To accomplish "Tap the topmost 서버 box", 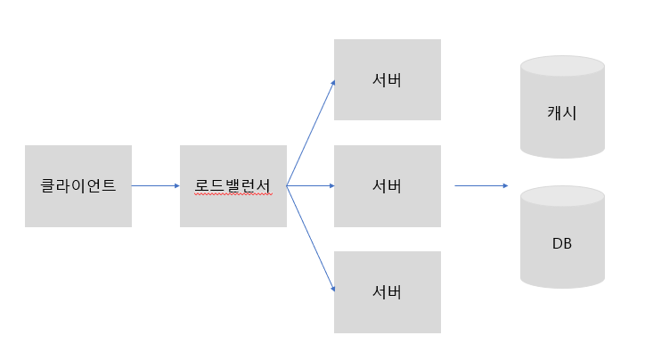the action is coord(387,79).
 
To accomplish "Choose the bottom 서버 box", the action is coord(387,292).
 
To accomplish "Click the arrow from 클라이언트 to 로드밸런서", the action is coord(155,185).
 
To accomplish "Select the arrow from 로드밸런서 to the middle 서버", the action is coord(310,185).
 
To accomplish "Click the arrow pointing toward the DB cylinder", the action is coord(481,185).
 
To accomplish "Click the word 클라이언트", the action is coord(78,186).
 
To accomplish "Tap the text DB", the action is coord(562,242).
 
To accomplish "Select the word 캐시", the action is coord(562,112).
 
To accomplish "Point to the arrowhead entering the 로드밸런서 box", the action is coord(176,185).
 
